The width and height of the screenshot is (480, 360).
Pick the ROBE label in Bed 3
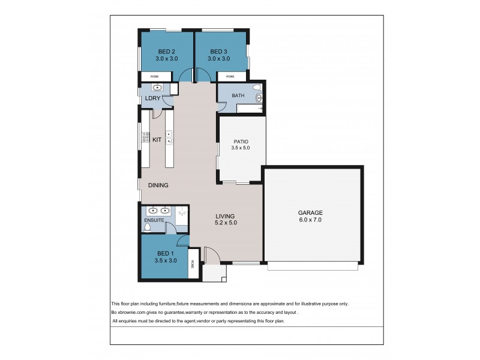[230, 77]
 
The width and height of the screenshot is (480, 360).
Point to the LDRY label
[151, 98]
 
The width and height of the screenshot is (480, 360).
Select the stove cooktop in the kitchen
[145, 139]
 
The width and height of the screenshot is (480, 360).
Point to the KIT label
[157, 140]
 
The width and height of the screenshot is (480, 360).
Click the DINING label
[158, 185]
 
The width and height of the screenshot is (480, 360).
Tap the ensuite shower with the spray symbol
[182, 212]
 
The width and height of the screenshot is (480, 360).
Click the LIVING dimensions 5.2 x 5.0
[226, 223]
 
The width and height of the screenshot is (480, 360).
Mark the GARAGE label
[311, 212]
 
